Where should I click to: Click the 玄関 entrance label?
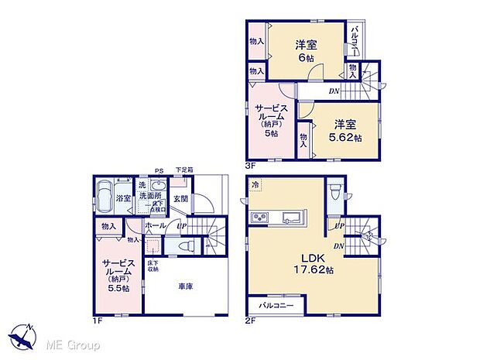coord(181,200)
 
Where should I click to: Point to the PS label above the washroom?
coord(158,172)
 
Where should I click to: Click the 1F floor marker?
coord(98,320)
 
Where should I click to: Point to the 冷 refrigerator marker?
coord(256,185)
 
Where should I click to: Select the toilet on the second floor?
coord(334,190)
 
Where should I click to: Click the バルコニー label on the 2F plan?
coord(275,305)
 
